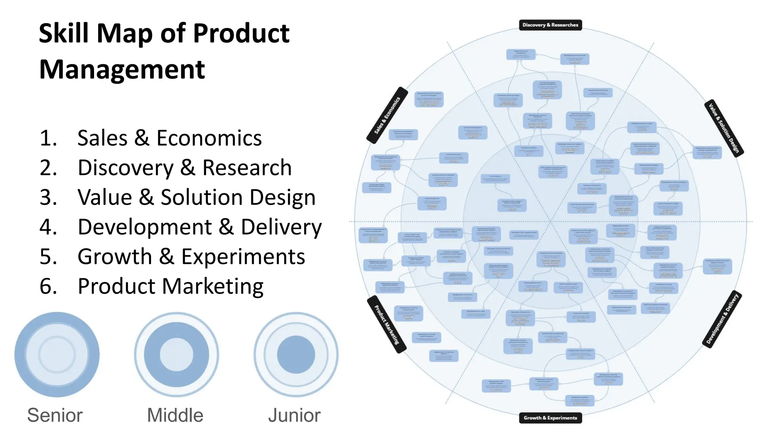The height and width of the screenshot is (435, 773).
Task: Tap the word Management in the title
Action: [122, 69]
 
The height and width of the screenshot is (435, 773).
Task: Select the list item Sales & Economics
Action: [169, 138]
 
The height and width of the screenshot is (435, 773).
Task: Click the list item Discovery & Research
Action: [185, 168]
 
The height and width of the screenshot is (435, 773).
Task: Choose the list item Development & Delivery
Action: [200, 227]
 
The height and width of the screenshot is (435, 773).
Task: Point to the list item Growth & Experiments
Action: [191, 257]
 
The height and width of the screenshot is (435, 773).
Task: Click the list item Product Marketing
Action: [171, 286]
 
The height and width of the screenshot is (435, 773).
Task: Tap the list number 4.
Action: [48, 227]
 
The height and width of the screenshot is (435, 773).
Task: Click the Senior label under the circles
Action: [55, 415]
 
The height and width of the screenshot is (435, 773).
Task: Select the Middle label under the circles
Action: [175, 415]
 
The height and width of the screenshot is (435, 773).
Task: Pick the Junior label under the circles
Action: [294, 415]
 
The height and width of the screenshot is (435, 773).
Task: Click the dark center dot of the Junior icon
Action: [296, 355]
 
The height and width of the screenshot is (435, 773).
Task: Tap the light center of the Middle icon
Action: [176, 355]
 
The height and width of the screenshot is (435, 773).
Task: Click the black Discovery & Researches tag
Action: [550, 25]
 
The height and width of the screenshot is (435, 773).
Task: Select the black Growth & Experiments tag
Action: [550, 418]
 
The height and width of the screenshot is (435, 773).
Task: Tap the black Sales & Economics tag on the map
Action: [387, 115]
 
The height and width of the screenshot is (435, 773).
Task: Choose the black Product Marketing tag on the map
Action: [386, 324]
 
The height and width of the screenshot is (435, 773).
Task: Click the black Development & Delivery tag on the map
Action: [722, 319]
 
